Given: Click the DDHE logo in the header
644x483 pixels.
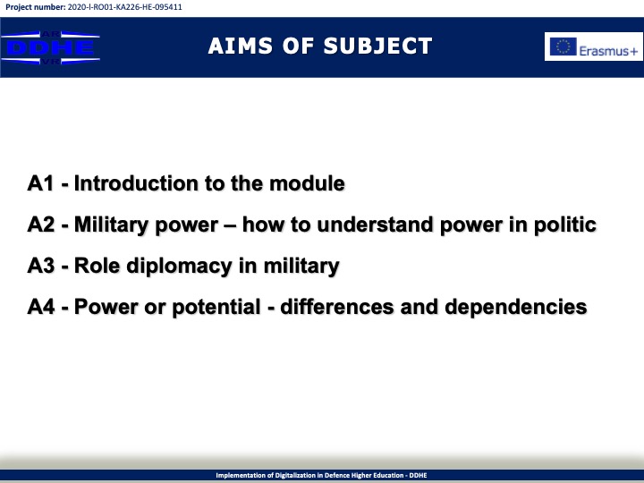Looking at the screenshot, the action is point(50,47).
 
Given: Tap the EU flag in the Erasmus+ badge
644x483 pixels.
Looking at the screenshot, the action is point(563,47).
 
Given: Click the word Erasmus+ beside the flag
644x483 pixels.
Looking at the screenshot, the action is point(608,51).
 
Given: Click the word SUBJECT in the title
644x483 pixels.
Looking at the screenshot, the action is point(377,46).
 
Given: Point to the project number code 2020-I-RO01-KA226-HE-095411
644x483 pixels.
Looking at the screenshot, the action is point(125,7).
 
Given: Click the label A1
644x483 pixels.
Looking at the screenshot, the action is point(40,183).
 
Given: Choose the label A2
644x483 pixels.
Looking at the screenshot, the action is point(40,225).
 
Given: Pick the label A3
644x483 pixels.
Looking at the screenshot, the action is point(40,266).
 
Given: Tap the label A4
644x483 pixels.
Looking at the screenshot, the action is point(40,307).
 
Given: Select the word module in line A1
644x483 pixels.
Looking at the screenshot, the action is point(307,183).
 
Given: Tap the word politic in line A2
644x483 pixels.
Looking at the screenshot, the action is point(564,225).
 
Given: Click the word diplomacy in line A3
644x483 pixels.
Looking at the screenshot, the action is point(179,267).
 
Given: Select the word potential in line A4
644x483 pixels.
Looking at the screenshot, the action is point(216,308).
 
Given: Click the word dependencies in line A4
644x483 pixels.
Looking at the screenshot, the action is point(516,308).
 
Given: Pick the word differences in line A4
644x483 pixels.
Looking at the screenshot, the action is point(337,307).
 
